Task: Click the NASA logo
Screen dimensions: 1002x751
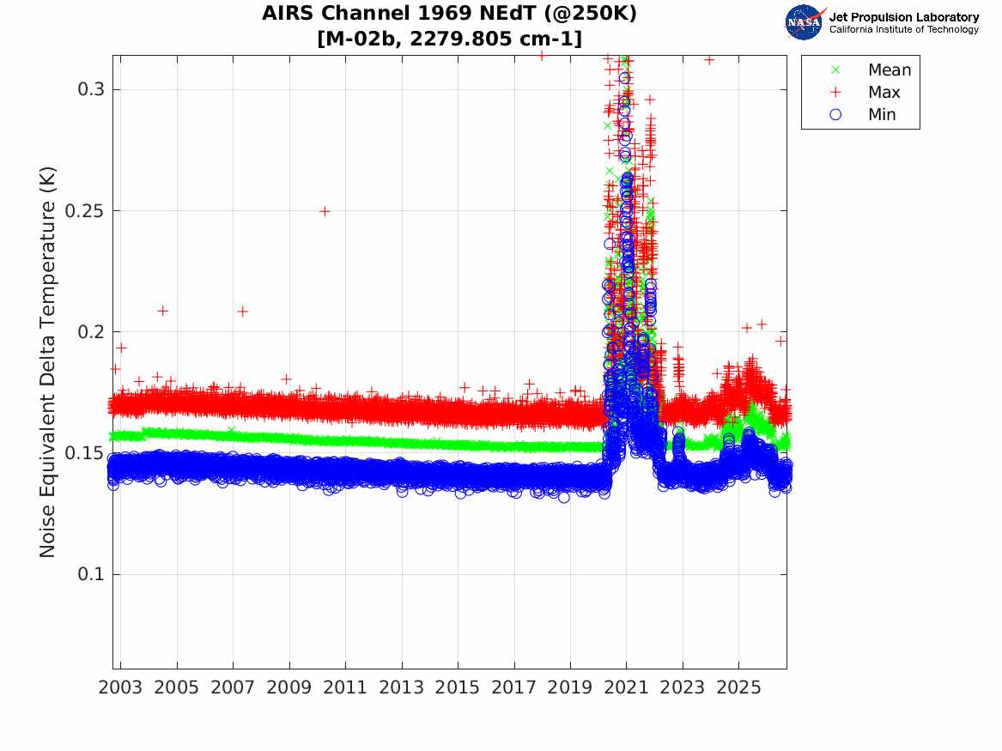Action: click(805, 22)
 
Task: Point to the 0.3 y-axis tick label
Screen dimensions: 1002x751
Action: click(91, 89)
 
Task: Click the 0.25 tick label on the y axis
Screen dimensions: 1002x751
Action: click(85, 211)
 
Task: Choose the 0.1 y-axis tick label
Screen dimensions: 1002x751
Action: click(91, 574)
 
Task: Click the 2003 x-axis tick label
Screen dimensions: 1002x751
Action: click(120, 687)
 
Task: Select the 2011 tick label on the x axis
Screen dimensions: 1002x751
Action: click(345, 687)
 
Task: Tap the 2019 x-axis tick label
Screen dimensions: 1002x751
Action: click(570, 687)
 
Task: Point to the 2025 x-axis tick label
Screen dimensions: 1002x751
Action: click(738, 687)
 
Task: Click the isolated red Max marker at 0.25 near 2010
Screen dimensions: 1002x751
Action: click(325, 211)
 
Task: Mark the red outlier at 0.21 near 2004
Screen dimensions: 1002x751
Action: click(163, 311)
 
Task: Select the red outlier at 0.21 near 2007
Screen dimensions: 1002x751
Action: click(243, 312)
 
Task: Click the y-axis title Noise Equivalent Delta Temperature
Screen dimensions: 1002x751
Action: click(48, 362)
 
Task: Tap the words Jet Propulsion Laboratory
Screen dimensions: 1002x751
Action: click(903, 17)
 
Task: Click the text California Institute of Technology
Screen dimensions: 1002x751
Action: click(903, 29)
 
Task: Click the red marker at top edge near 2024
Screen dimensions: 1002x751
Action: click(709, 60)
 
